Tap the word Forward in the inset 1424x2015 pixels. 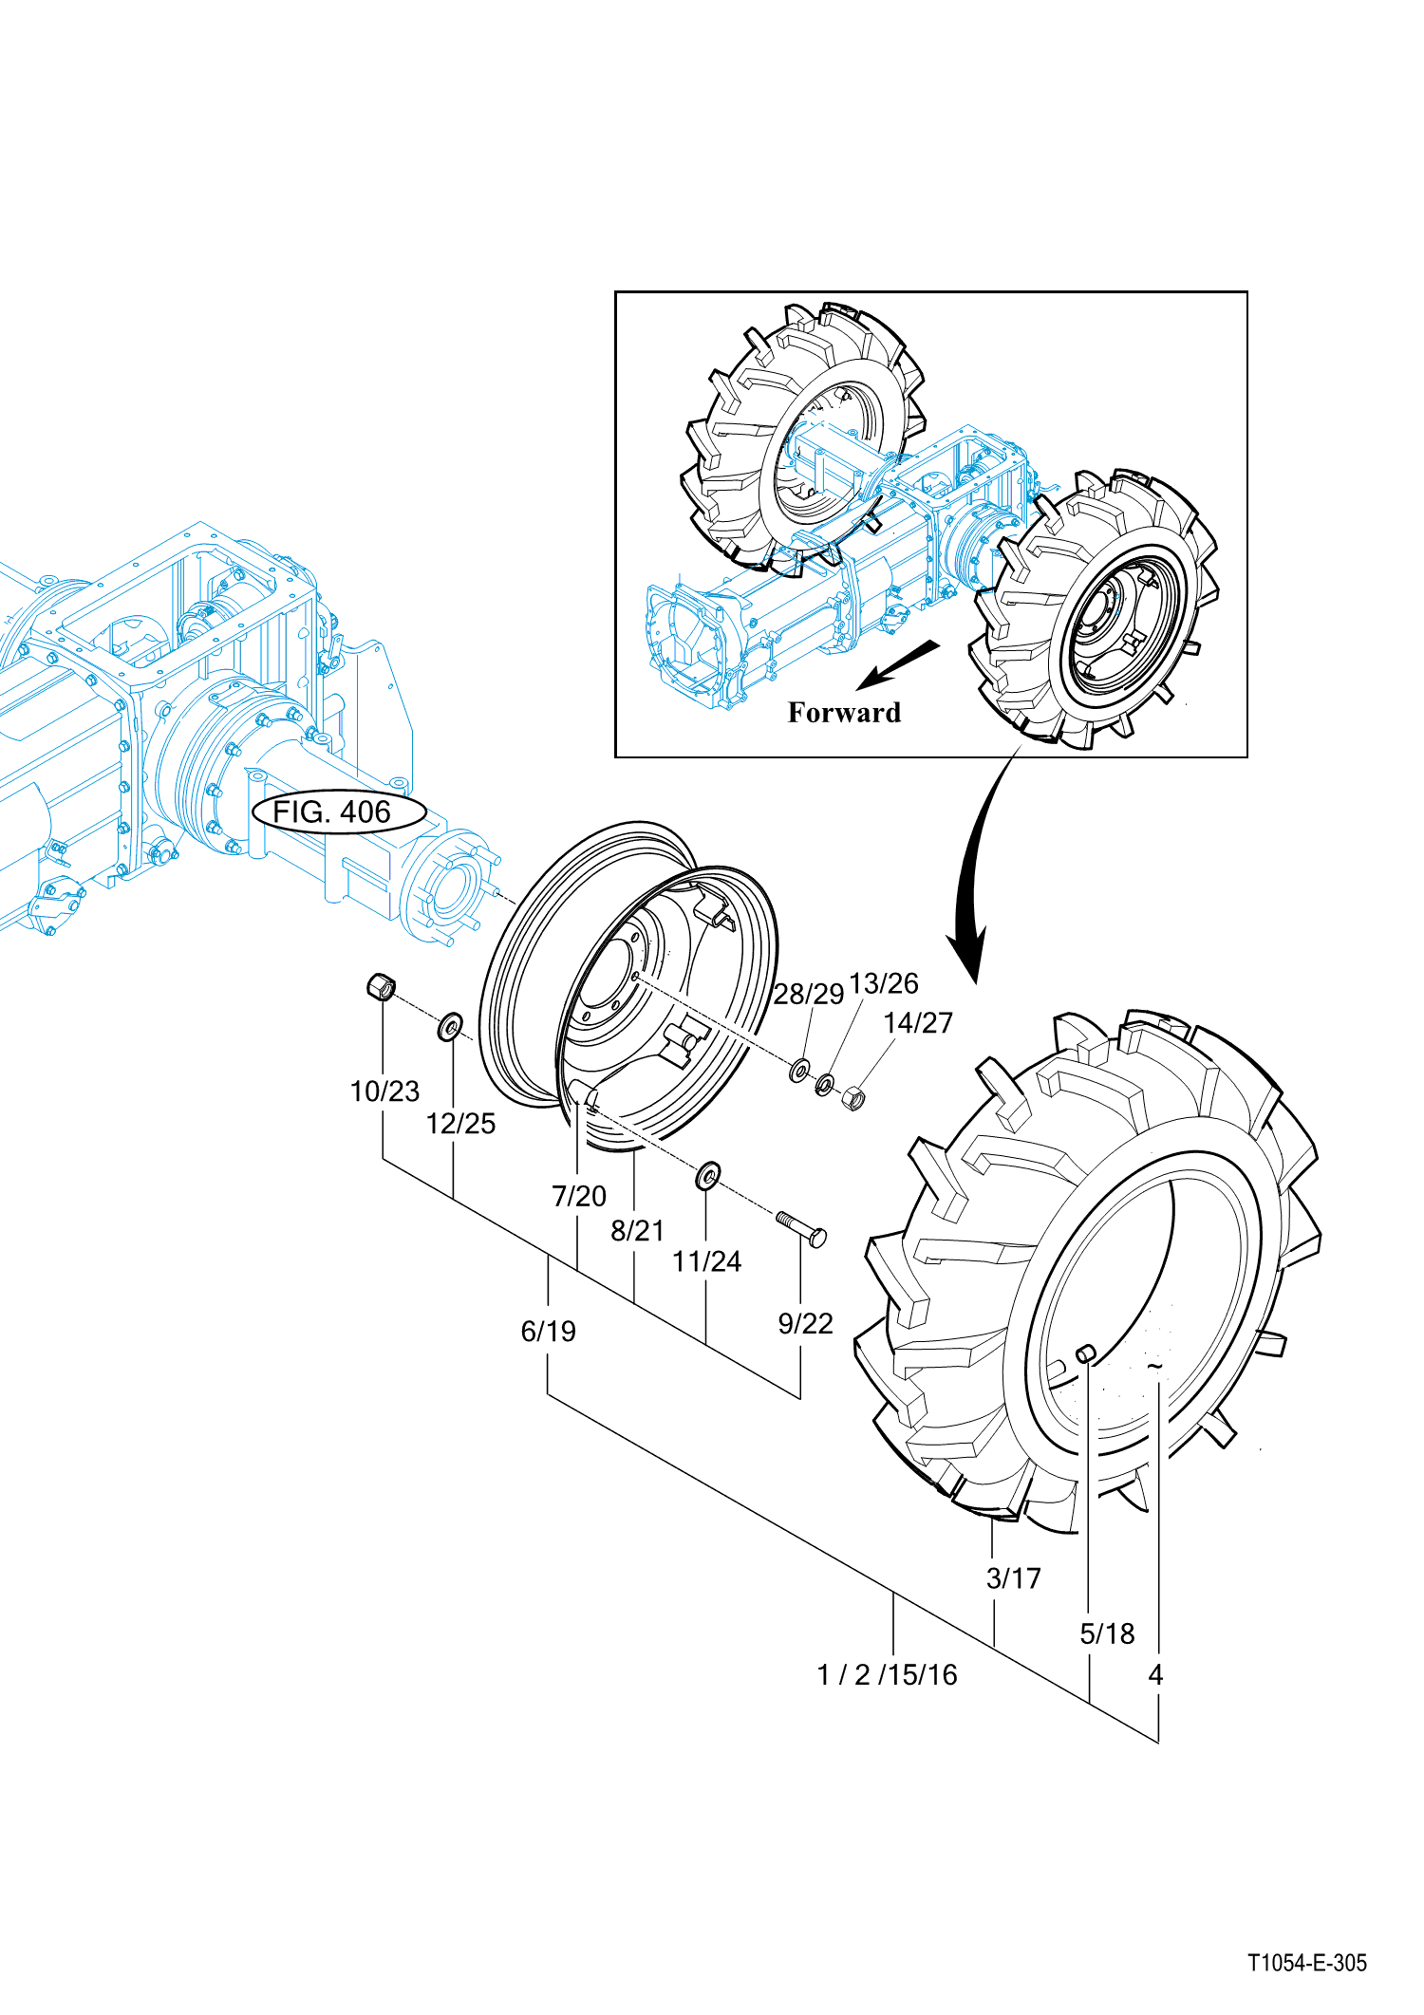(844, 713)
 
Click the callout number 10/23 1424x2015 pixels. (384, 1091)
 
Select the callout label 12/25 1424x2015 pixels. (460, 1124)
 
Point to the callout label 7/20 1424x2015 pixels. (579, 1196)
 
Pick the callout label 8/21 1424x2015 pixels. (637, 1231)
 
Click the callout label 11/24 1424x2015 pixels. (706, 1261)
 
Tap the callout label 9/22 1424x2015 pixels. (805, 1323)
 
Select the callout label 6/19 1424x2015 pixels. (548, 1332)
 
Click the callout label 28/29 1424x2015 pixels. (808, 994)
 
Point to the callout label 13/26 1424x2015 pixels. (884, 983)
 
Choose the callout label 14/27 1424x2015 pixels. (918, 1023)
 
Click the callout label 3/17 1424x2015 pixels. (1013, 1578)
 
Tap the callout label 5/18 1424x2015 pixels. (1107, 1633)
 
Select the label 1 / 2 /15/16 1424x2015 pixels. (887, 1675)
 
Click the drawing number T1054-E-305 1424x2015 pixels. (1307, 1963)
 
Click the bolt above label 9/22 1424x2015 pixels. (801, 1228)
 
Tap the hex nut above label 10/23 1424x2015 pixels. (380, 986)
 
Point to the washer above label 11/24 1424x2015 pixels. (707, 1176)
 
